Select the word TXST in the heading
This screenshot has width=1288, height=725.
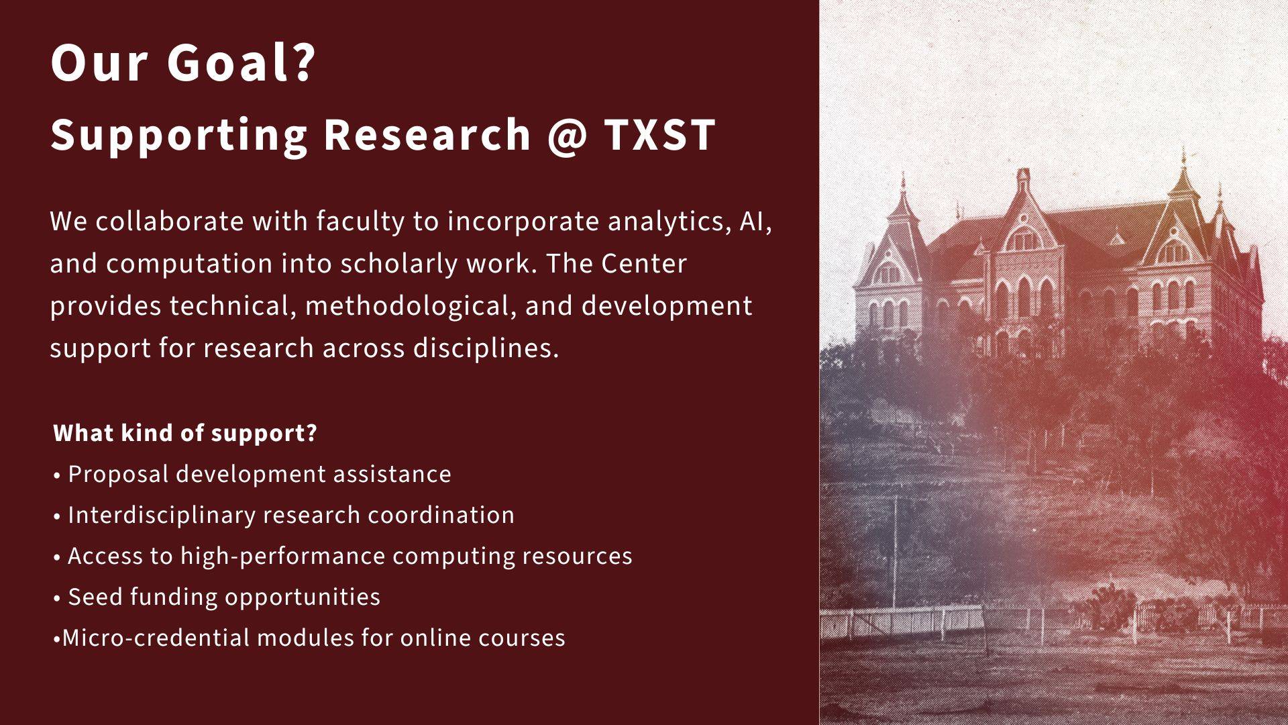[659, 134]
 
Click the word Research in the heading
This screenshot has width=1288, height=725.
[427, 134]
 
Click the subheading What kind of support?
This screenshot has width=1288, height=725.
[185, 433]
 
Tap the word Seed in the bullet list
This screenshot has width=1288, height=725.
[95, 597]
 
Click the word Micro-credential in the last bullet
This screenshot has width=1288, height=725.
[156, 638]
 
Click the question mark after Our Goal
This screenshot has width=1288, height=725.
[304, 62]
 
